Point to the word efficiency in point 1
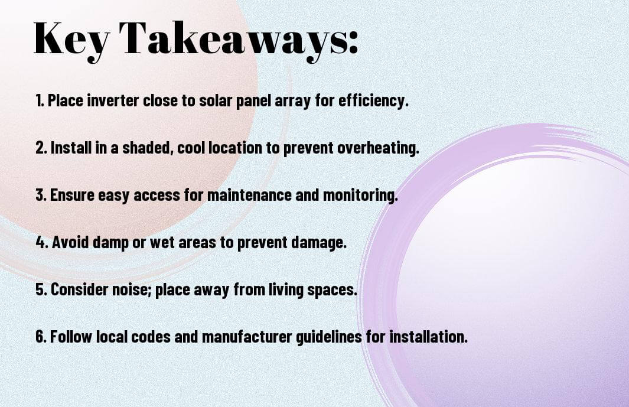371,100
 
